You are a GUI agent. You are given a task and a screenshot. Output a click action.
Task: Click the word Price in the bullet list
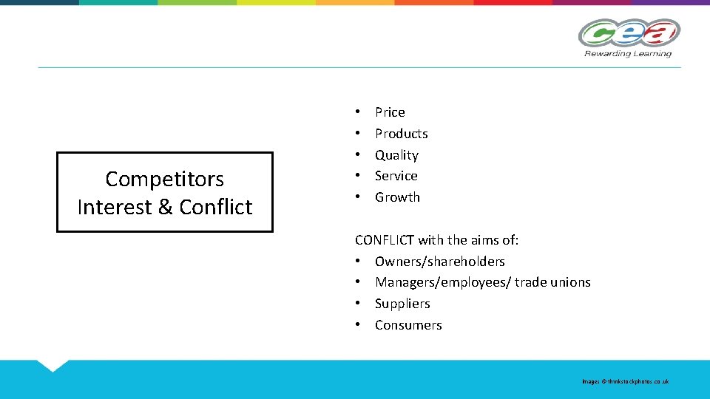(x=390, y=112)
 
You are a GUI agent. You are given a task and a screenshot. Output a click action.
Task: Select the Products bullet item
(x=401, y=134)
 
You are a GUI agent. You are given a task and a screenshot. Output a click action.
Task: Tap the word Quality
(x=396, y=155)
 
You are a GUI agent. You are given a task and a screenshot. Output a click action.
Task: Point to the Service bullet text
(x=396, y=176)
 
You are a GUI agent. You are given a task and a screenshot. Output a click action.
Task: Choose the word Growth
(x=397, y=197)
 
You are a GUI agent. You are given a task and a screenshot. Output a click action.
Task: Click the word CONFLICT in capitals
(x=385, y=240)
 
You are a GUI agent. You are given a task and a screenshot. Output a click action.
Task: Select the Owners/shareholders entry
(x=439, y=262)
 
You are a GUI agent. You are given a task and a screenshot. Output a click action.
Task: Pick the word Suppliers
(x=402, y=304)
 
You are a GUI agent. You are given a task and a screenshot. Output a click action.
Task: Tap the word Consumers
(x=408, y=325)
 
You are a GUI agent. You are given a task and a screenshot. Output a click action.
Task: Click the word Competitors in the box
(x=164, y=179)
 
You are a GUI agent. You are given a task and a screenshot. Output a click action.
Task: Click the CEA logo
(x=629, y=33)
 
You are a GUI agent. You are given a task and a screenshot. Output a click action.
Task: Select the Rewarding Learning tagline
(x=628, y=53)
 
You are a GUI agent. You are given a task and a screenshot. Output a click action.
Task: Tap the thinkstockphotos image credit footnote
(x=625, y=381)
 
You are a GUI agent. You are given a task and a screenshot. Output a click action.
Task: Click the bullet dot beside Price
(x=357, y=112)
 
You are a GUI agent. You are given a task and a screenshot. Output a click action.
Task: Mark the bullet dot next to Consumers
(x=357, y=325)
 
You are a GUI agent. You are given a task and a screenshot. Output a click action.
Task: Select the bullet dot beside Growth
(x=357, y=197)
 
